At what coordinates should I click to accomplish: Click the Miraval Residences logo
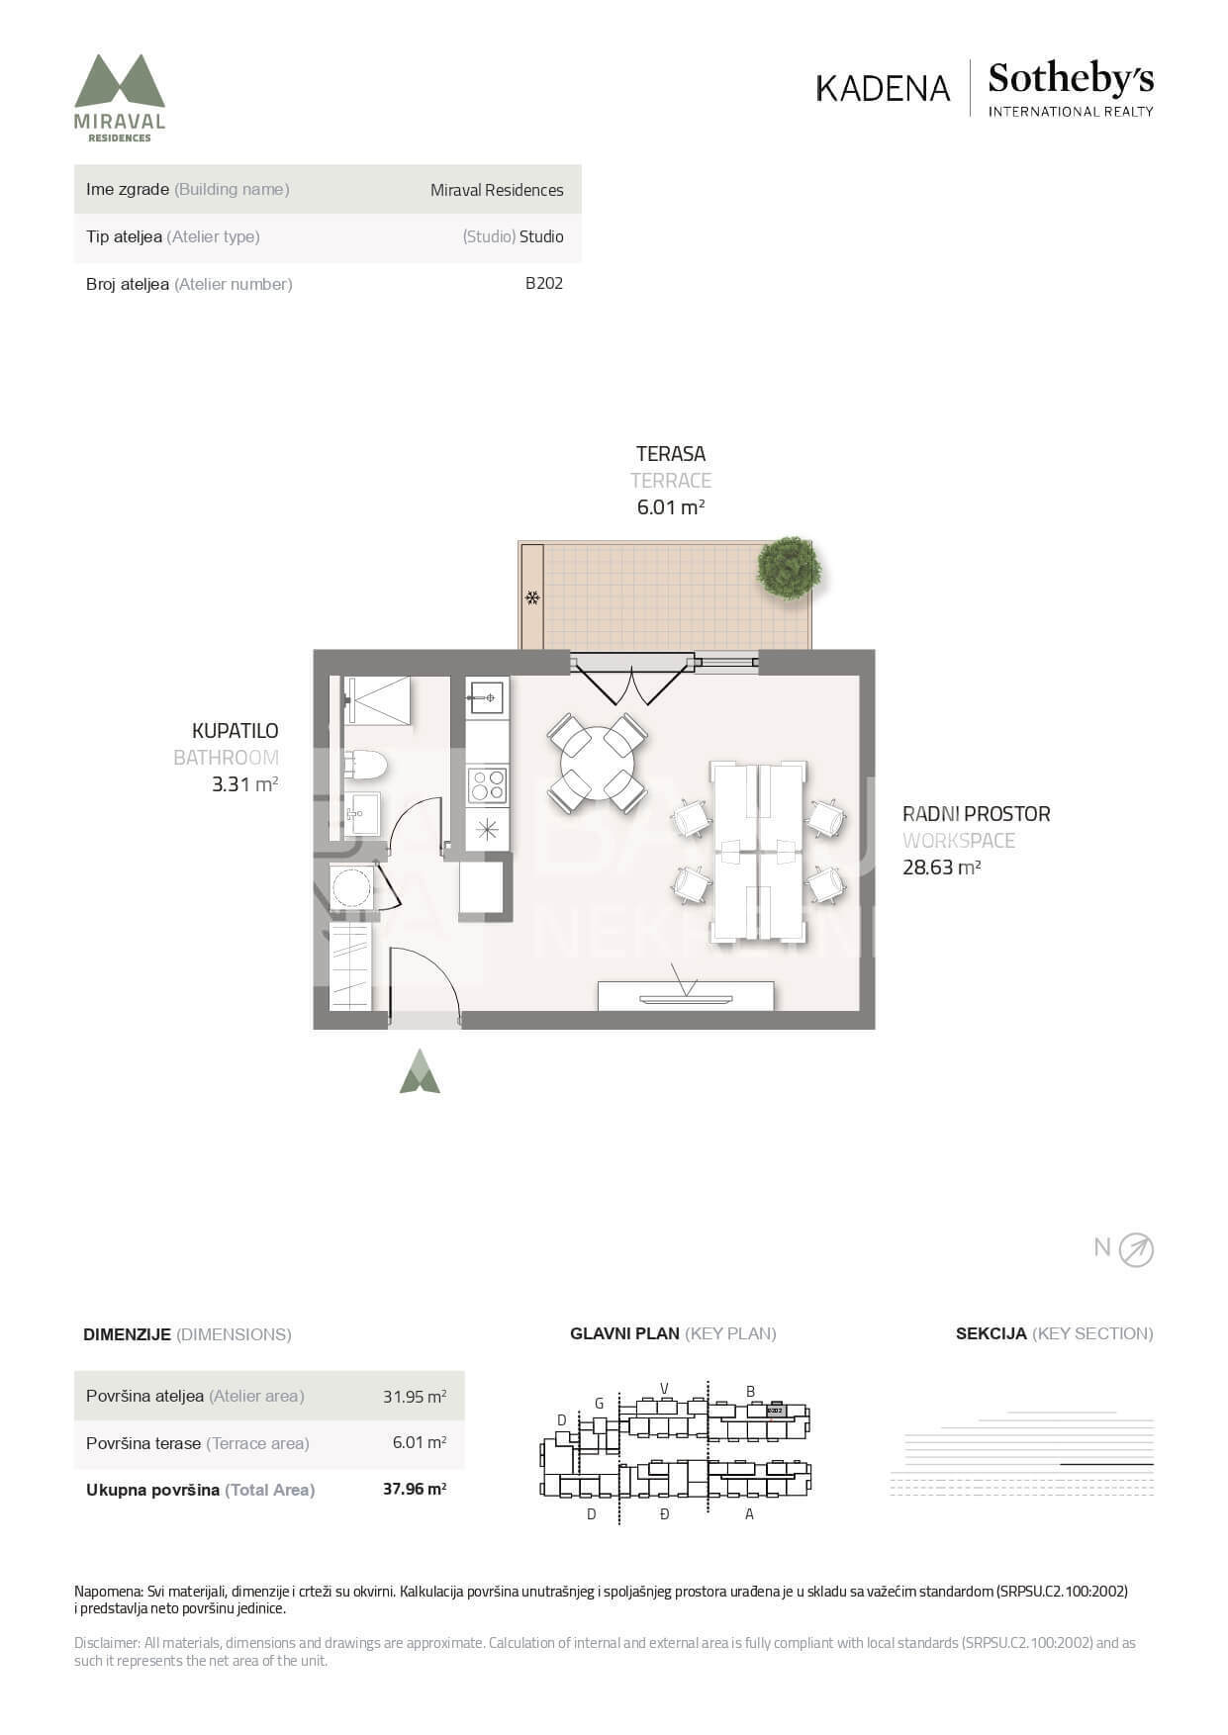(120, 98)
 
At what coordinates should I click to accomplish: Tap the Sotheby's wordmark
(1071, 79)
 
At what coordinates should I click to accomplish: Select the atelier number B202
(544, 283)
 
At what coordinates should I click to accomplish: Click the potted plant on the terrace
(789, 568)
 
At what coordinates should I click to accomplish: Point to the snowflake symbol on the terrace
(532, 597)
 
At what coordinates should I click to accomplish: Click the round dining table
(598, 764)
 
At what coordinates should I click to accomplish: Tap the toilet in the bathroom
(365, 765)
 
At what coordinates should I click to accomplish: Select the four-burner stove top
(487, 785)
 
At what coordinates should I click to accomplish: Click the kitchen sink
(487, 698)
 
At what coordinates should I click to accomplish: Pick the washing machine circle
(351, 886)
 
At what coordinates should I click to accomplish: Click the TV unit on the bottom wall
(686, 996)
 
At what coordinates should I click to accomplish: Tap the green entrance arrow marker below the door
(420, 1071)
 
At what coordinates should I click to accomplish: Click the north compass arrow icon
(1136, 1250)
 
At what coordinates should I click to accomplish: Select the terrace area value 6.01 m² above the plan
(671, 507)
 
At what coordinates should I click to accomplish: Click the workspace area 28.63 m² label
(941, 867)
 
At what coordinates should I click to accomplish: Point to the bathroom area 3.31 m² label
(244, 785)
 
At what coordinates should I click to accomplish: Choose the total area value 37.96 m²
(415, 1489)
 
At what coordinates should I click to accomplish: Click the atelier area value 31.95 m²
(415, 1397)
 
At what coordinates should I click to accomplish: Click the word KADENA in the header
(883, 88)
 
